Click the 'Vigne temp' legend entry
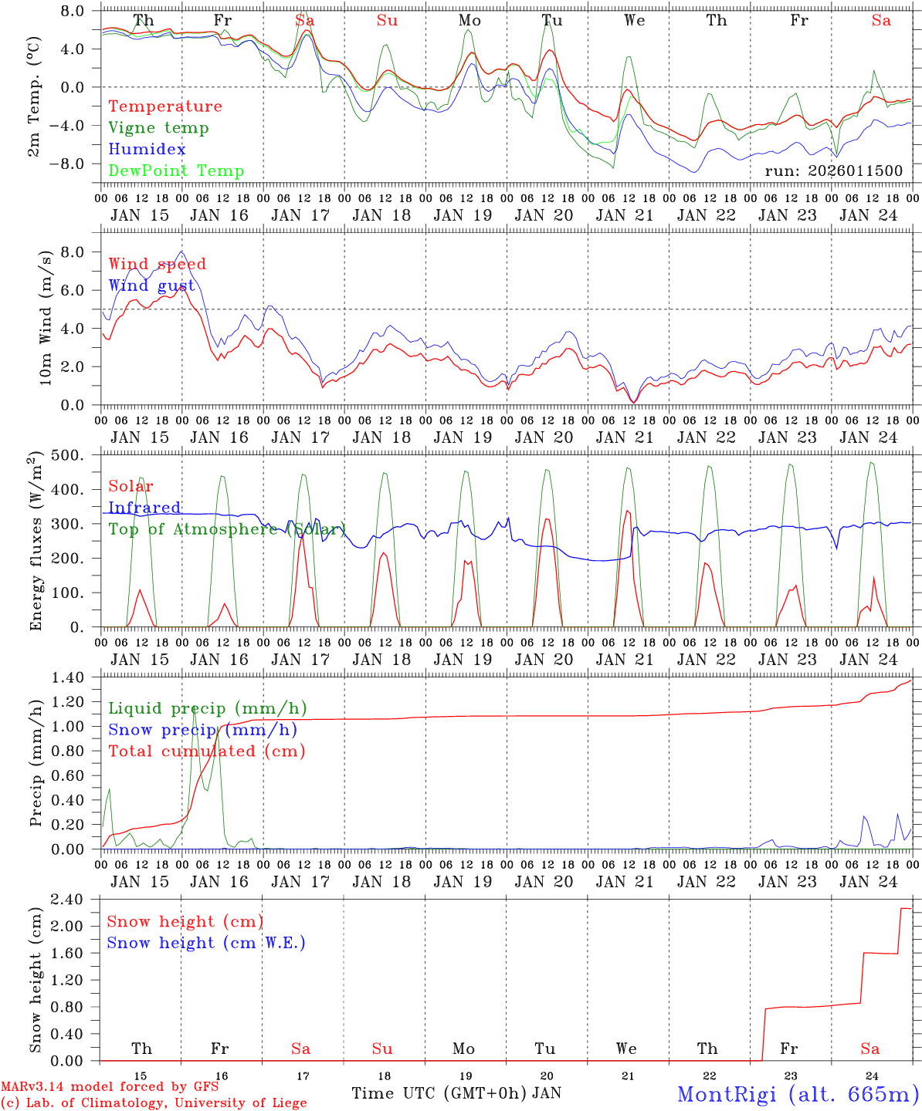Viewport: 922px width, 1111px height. point(158,128)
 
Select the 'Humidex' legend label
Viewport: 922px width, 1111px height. point(147,150)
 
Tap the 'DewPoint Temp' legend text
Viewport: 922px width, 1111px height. point(176,171)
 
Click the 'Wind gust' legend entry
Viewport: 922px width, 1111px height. point(151,285)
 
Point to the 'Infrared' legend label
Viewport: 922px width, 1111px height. point(144,508)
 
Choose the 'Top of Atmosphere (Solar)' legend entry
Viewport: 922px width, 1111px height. point(227,529)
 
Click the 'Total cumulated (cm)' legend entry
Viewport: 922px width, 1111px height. point(206,751)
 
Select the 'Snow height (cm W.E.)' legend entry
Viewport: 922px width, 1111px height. point(206,943)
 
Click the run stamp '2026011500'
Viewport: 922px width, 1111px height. point(833,171)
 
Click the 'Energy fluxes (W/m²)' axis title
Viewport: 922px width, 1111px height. point(36,542)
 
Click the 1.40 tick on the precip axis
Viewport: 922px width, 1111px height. point(75,677)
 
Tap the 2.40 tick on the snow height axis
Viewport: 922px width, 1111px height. point(75,900)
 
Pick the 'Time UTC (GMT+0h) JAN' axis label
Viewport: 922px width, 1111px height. point(456,1093)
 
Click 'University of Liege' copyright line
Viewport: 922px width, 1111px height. point(154,1103)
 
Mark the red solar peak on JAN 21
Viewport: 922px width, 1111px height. point(627,511)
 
